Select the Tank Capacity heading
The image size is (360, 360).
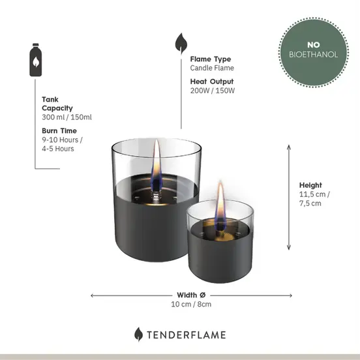57,104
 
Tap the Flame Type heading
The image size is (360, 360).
210,59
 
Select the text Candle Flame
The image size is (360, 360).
212,68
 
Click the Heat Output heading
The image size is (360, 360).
211,82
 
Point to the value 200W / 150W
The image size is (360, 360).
213,90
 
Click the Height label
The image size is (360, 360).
311,185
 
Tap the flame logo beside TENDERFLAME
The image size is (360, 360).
138,335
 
